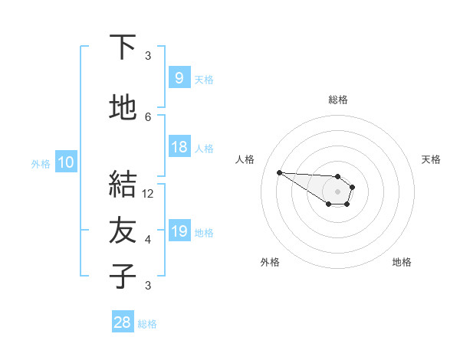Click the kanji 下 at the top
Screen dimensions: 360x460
point(123,48)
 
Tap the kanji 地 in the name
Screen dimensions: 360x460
point(123,108)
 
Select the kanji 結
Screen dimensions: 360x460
point(123,185)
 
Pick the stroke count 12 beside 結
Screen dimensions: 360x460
point(148,194)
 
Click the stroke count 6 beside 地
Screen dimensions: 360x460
point(148,116)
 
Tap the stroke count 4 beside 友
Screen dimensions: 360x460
point(148,240)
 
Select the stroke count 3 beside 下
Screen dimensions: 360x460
point(148,56)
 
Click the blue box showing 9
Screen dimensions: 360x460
point(179,77)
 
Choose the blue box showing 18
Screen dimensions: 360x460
point(179,147)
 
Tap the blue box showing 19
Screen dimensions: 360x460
point(179,231)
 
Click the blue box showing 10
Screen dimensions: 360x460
point(65,162)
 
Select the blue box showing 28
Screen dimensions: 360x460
point(123,322)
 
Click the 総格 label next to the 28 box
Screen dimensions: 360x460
point(148,324)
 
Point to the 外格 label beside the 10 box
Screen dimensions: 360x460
point(41,163)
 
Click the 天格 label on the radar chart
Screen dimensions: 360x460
point(431,159)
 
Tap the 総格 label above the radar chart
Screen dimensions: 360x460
point(337,100)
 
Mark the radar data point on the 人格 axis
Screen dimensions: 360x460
point(279,172)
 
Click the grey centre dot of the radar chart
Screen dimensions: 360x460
point(337,191)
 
